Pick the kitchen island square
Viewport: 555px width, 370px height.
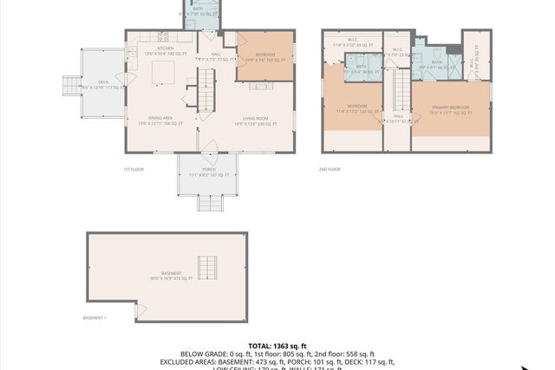point(162,74)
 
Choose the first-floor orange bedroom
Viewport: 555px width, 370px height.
point(265,57)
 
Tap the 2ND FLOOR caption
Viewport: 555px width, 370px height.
point(330,170)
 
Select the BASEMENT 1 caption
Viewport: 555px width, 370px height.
point(95,318)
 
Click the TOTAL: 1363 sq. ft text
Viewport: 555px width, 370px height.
point(277,345)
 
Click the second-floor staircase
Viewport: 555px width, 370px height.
point(400,91)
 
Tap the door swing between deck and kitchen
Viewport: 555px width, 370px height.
point(122,86)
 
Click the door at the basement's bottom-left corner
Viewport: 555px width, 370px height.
point(139,309)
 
